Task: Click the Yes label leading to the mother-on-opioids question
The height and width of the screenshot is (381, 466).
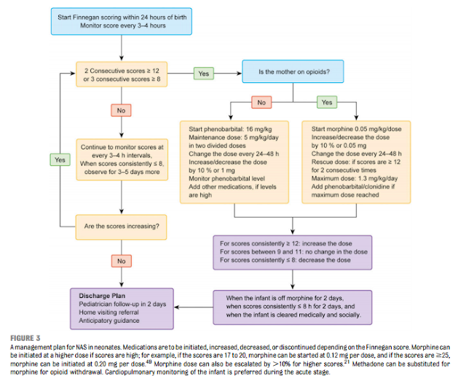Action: point(203,74)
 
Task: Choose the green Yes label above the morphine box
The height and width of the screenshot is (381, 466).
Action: point(327,103)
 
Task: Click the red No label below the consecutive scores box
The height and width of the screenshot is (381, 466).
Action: point(119,110)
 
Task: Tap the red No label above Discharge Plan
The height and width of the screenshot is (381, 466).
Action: point(119,259)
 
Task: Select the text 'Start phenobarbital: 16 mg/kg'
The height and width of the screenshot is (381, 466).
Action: point(227,129)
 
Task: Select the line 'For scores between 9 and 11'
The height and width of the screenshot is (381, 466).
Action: point(292,251)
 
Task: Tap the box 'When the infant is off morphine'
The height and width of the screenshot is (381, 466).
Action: point(292,307)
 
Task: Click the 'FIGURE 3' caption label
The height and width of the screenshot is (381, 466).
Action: point(25,339)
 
